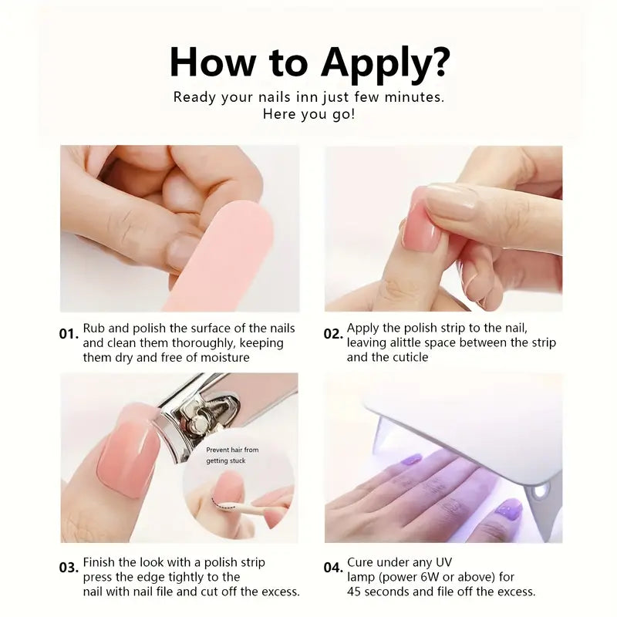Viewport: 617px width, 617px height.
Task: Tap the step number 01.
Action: tap(69, 334)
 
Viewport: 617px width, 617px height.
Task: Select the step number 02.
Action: tap(333, 334)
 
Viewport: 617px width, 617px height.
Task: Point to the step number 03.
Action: tap(69, 568)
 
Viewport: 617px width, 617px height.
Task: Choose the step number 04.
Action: tap(333, 568)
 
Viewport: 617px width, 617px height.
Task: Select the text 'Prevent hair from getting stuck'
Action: tap(232, 455)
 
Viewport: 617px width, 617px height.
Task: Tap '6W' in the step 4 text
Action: tap(430, 577)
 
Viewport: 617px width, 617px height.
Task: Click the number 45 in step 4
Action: tap(354, 592)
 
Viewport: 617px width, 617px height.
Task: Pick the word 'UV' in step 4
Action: tap(443, 562)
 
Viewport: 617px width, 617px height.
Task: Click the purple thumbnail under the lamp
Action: tap(509, 510)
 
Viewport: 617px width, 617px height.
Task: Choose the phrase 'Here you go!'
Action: tap(309, 114)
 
